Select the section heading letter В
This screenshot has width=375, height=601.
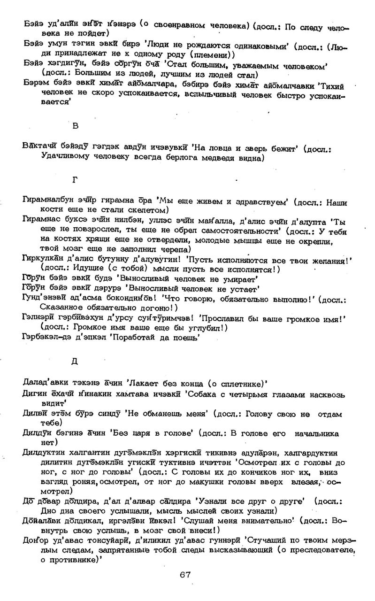pos(76,126)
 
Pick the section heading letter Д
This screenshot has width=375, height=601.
pos(75,361)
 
